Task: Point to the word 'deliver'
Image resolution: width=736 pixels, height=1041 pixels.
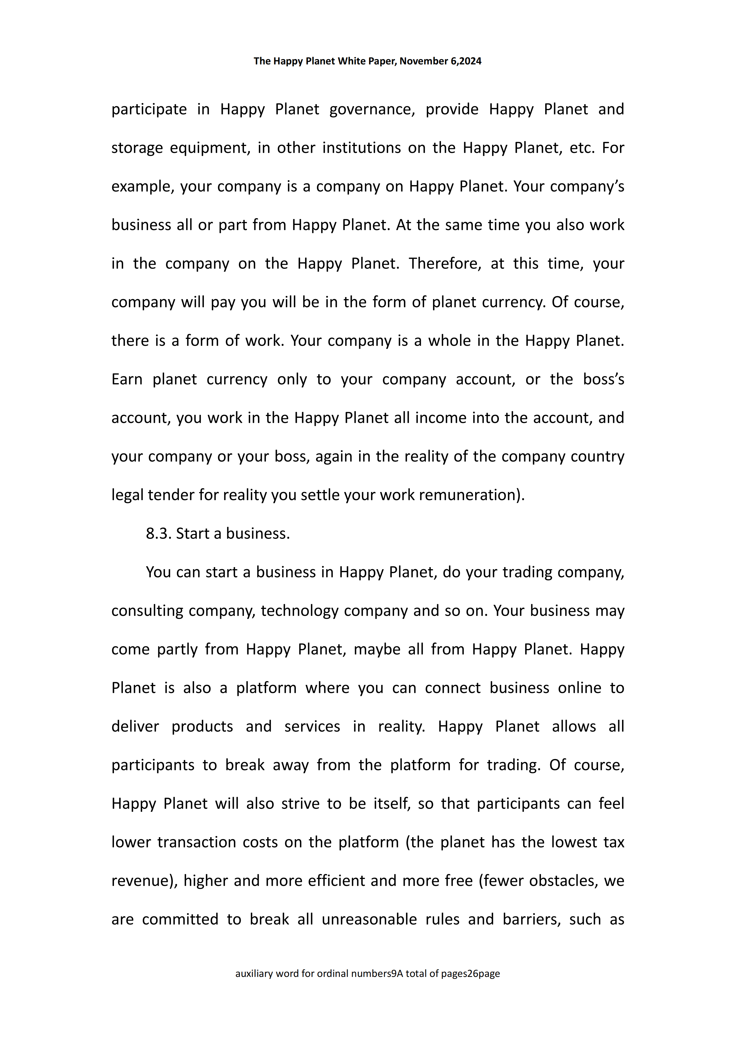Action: [x=135, y=726]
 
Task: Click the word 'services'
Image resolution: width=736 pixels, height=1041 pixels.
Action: [x=312, y=726]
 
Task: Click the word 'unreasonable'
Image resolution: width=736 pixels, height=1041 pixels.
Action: [x=369, y=919]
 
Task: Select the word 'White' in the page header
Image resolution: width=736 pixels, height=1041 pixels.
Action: [x=351, y=61]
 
